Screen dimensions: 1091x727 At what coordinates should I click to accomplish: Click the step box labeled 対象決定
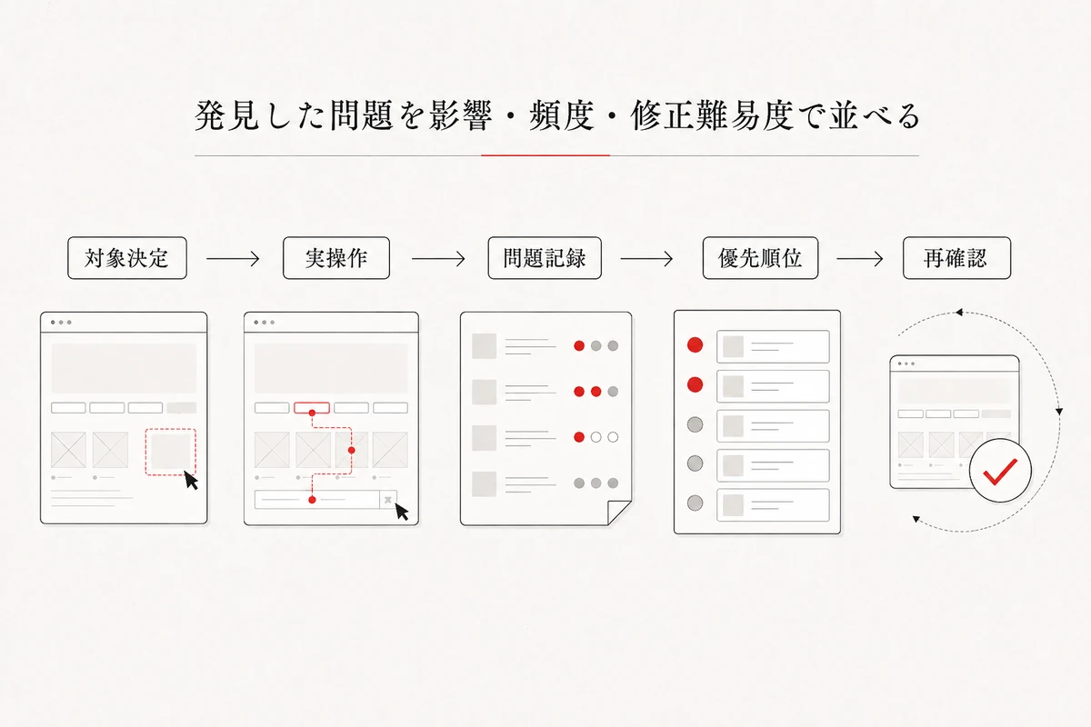click(127, 258)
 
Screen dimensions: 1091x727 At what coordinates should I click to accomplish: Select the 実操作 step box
click(336, 258)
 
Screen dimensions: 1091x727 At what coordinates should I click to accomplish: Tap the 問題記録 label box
click(545, 258)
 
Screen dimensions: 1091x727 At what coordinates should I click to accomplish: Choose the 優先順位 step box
click(760, 258)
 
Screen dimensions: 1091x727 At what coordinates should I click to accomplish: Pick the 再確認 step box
click(956, 258)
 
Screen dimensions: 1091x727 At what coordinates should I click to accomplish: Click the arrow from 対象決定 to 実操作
click(233, 259)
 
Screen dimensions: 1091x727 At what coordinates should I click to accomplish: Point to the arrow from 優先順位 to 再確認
click(860, 259)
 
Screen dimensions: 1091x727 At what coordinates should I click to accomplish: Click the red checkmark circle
click(1000, 471)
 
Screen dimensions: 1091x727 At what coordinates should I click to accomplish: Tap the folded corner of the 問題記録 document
click(619, 513)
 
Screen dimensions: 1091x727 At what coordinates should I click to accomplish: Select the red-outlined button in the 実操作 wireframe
click(312, 407)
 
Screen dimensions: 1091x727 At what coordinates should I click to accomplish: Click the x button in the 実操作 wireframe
click(388, 500)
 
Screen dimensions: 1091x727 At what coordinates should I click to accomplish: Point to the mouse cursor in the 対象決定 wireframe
click(191, 481)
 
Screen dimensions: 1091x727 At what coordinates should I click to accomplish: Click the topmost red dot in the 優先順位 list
click(695, 344)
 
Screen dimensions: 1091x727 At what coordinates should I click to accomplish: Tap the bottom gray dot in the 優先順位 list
click(695, 503)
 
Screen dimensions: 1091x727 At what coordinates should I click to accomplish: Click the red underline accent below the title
click(545, 155)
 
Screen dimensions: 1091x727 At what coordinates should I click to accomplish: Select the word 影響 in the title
click(460, 116)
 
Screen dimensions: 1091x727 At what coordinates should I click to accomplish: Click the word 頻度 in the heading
click(562, 116)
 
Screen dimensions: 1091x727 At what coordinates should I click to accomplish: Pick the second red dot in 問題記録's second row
click(596, 392)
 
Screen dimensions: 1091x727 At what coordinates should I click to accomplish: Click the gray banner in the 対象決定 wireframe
click(124, 368)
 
